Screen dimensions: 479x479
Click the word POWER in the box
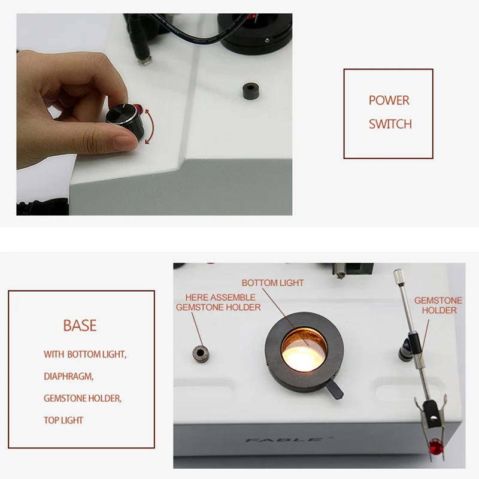(389, 101)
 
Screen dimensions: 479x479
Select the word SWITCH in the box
(390, 125)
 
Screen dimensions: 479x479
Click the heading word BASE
(80, 326)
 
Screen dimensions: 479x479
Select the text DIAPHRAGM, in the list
(69, 377)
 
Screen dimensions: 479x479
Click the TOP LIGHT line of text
(63, 420)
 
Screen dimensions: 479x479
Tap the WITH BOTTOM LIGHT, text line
(85, 354)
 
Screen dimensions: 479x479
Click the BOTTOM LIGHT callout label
(272, 283)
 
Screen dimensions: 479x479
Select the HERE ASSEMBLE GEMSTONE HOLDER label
(219, 302)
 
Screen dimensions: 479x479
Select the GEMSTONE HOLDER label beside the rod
(439, 305)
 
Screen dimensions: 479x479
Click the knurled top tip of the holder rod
(398, 277)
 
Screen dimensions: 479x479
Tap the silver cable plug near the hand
(144, 57)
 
